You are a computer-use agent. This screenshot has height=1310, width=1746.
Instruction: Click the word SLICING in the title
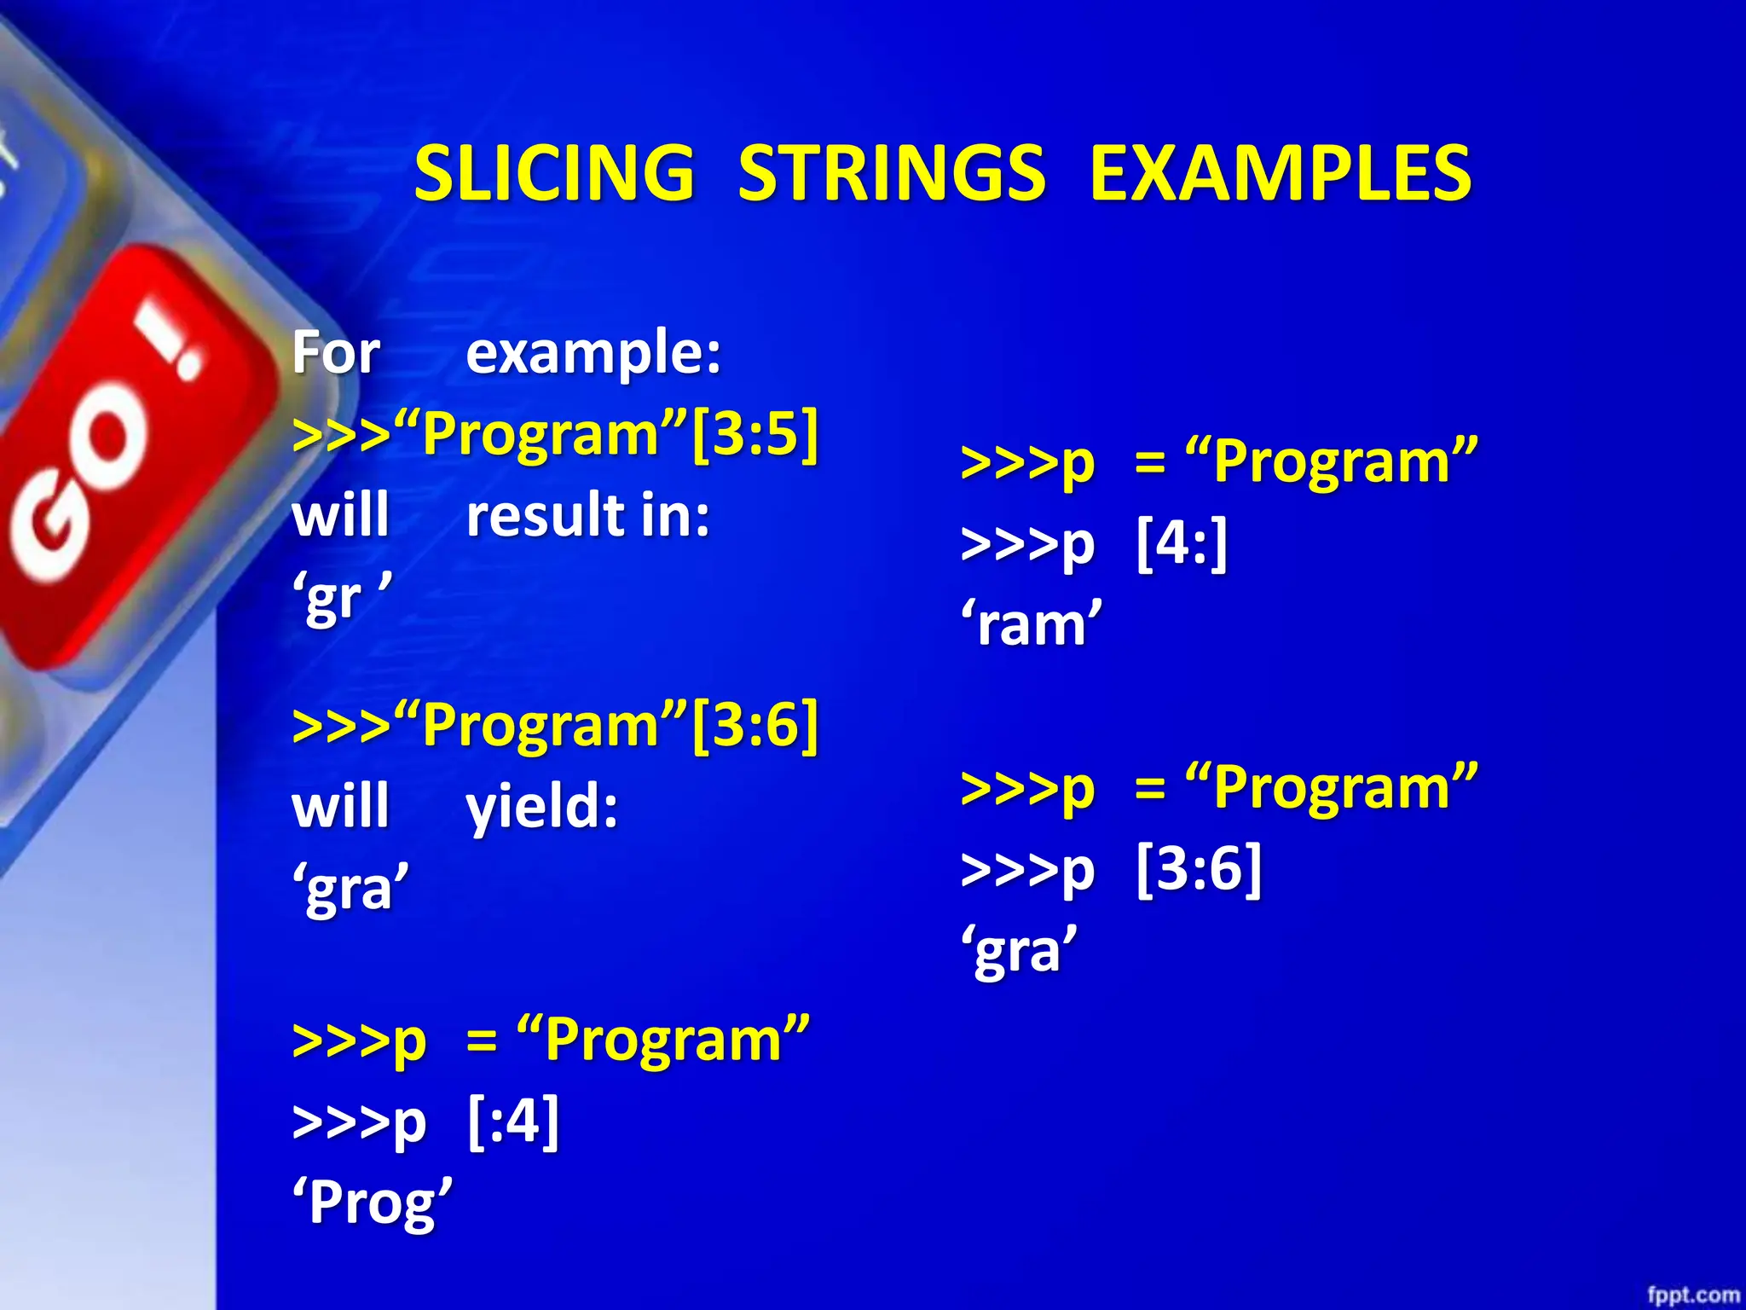(x=554, y=174)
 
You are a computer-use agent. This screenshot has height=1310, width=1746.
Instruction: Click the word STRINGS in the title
(x=891, y=174)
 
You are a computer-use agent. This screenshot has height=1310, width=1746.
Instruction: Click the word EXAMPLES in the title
(x=1281, y=174)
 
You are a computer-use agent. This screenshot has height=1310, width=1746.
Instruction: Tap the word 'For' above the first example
(x=336, y=352)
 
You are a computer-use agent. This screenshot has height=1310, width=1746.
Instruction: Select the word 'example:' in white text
(x=593, y=354)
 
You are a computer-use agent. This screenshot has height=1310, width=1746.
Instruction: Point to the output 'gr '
(x=341, y=597)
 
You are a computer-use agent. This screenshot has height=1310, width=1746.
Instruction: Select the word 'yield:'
(x=542, y=808)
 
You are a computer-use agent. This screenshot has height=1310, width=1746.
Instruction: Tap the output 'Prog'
(x=373, y=1203)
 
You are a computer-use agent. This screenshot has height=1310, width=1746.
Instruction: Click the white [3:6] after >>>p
(x=1199, y=868)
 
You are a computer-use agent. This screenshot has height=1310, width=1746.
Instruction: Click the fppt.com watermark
(x=1692, y=1295)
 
